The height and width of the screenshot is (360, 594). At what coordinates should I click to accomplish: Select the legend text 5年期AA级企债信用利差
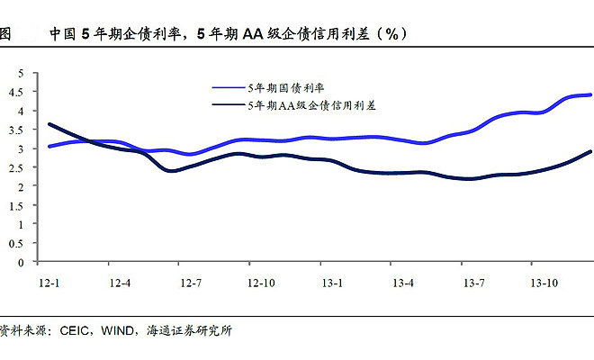(311, 105)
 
